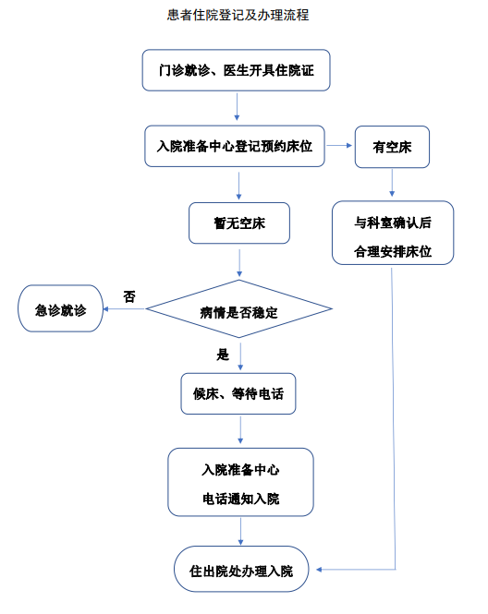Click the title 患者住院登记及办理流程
pyautogui.click(x=238, y=16)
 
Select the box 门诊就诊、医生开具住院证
pyautogui.click(x=236, y=70)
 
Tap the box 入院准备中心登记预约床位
pyautogui.click(x=235, y=146)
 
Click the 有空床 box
pyautogui.click(x=392, y=147)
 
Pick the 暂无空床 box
pyautogui.click(x=239, y=223)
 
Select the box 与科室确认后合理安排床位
pyautogui.click(x=393, y=233)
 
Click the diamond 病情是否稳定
pyautogui.click(x=238, y=309)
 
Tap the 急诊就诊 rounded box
pyautogui.click(x=60, y=308)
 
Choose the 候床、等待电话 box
pyautogui.click(x=238, y=393)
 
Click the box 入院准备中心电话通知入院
pyautogui.click(x=240, y=482)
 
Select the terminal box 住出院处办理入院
pyautogui.click(x=241, y=569)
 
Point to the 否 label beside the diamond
pyautogui.click(x=129, y=296)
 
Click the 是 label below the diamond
pyautogui.click(x=223, y=355)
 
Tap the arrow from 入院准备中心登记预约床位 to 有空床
pyautogui.click(x=339, y=146)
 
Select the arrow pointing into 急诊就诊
pyautogui.click(x=124, y=309)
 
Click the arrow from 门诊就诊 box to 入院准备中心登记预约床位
pyautogui.click(x=237, y=106)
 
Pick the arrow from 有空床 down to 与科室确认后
pyautogui.click(x=392, y=183)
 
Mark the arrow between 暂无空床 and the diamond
pyautogui.click(x=239, y=263)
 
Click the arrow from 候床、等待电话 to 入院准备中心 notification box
pyautogui.click(x=240, y=430)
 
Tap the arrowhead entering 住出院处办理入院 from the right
pyautogui.click(x=319, y=570)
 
